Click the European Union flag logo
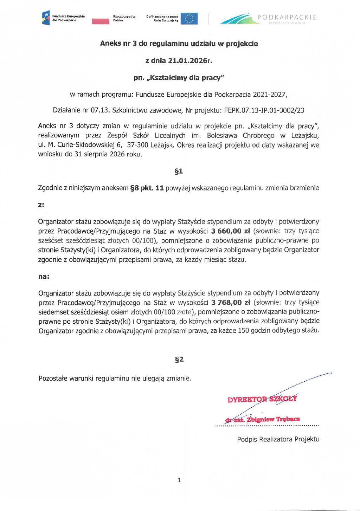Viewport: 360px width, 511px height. [x=189, y=19]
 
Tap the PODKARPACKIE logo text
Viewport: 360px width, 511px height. [x=287, y=17]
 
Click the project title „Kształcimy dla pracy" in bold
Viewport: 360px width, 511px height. [x=179, y=78]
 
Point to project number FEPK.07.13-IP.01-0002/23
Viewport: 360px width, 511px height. [x=264, y=110]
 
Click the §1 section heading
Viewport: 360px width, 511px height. [x=179, y=171]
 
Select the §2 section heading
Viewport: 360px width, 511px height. [x=179, y=359]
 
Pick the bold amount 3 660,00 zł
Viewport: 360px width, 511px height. [x=230, y=231]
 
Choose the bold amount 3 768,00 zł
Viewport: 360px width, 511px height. [x=231, y=302]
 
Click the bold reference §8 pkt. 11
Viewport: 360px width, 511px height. [x=147, y=188]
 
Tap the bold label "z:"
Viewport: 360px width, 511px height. [x=41, y=205]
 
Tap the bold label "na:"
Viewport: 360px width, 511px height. [x=44, y=277]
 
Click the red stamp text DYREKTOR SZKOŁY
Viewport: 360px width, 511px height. [x=262, y=399]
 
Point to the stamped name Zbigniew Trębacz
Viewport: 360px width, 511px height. [x=273, y=419]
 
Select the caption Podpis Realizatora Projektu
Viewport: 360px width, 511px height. [x=278, y=439]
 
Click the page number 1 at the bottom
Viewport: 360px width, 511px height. [x=179, y=480]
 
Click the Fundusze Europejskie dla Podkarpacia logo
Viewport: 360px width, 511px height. [x=63, y=18]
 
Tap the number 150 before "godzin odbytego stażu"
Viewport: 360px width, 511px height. [x=243, y=330]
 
